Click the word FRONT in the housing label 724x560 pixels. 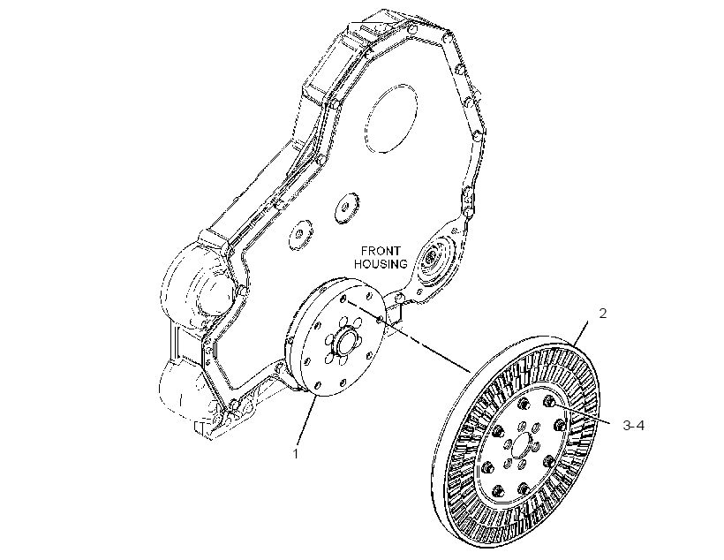[x=381, y=251]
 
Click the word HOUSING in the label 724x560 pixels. [x=381, y=264]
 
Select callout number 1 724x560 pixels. [x=296, y=454]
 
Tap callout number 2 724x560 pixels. [x=602, y=314]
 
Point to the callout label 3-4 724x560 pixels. [x=634, y=426]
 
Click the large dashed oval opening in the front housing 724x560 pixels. [x=390, y=118]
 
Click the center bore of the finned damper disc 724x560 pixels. [x=522, y=447]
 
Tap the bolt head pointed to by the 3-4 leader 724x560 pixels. [x=548, y=401]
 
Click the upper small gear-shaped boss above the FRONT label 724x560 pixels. [x=347, y=208]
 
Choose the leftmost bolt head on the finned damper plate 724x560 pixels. [x=486, y=467]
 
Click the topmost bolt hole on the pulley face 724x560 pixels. [x=343, y=299]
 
